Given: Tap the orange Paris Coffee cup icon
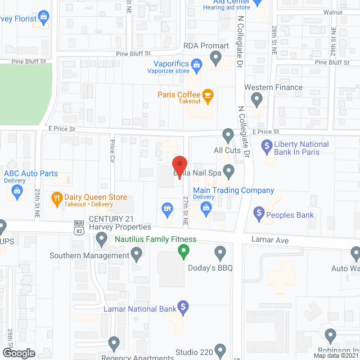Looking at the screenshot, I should (x=208, y=95).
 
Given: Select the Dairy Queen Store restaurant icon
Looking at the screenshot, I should (x=56, y=198).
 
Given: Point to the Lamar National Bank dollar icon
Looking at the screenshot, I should (x=182, y=307).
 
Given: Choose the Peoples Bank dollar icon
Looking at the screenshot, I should (x=259, y=213).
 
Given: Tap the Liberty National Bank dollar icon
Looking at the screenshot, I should (x=267, y=147).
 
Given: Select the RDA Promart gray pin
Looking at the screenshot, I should (x=215, y=57).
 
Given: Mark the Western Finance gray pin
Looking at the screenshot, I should (x=257, y=100).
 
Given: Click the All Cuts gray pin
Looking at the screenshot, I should (x=228, y=135).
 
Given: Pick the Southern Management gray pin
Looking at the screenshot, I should (x=137, y=256).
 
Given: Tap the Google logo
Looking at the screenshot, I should (x=19, y=353).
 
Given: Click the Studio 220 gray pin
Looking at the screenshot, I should (x=220, y=350).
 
